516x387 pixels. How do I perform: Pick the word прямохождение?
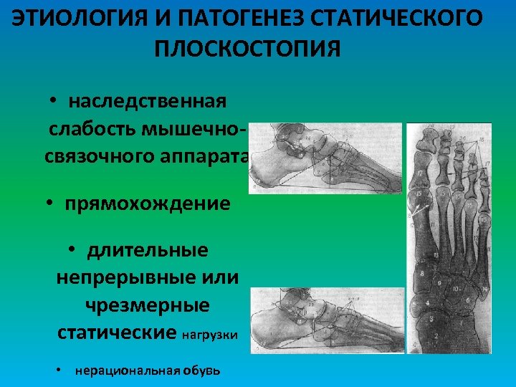[148, 204]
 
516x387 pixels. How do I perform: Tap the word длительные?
[148, 250]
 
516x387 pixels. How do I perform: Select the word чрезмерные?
[148, 305]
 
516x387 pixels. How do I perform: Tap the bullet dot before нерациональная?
[59, 371]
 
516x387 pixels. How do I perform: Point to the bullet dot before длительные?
[73, 250]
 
